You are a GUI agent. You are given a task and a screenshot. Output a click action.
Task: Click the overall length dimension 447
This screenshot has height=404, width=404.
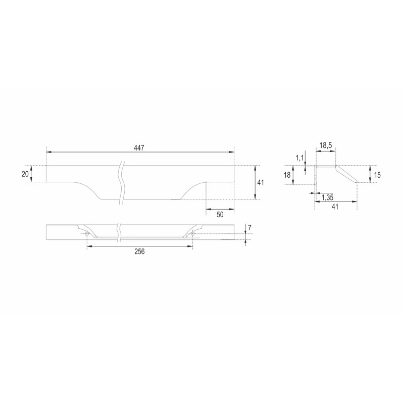point(139,148)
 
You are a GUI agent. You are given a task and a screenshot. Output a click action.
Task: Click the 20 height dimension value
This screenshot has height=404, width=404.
point(25,174)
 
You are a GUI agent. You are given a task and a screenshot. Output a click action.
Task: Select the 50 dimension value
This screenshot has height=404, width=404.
point(220,214)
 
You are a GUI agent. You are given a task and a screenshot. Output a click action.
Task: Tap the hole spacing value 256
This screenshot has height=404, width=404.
point(139,251)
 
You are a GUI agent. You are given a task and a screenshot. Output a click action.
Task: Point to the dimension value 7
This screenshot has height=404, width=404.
point(249,228)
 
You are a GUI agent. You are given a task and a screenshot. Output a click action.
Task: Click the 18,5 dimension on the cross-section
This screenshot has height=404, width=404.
point(325,145)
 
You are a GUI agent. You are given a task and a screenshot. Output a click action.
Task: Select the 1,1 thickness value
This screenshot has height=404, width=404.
point(300,158)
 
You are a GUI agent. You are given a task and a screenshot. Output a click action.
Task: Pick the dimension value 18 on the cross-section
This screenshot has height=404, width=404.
point(287,175)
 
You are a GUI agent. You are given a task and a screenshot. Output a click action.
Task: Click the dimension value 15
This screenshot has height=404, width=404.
point(377,175)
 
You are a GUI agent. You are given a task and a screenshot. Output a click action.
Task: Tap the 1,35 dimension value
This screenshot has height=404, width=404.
point(327,197)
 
